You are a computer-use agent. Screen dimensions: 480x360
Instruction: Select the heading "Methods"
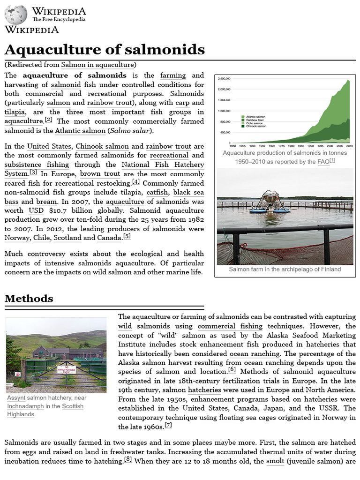pos(29,299)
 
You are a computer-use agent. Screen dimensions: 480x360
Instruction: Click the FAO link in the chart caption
pos(323,162)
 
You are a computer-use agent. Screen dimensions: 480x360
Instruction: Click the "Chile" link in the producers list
pos(42,238)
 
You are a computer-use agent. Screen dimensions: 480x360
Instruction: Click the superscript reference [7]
pos(168,425)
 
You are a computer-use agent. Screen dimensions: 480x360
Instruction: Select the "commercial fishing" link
pos(230,326)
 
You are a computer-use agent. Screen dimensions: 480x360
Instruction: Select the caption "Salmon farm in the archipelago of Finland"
pos(285,270)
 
